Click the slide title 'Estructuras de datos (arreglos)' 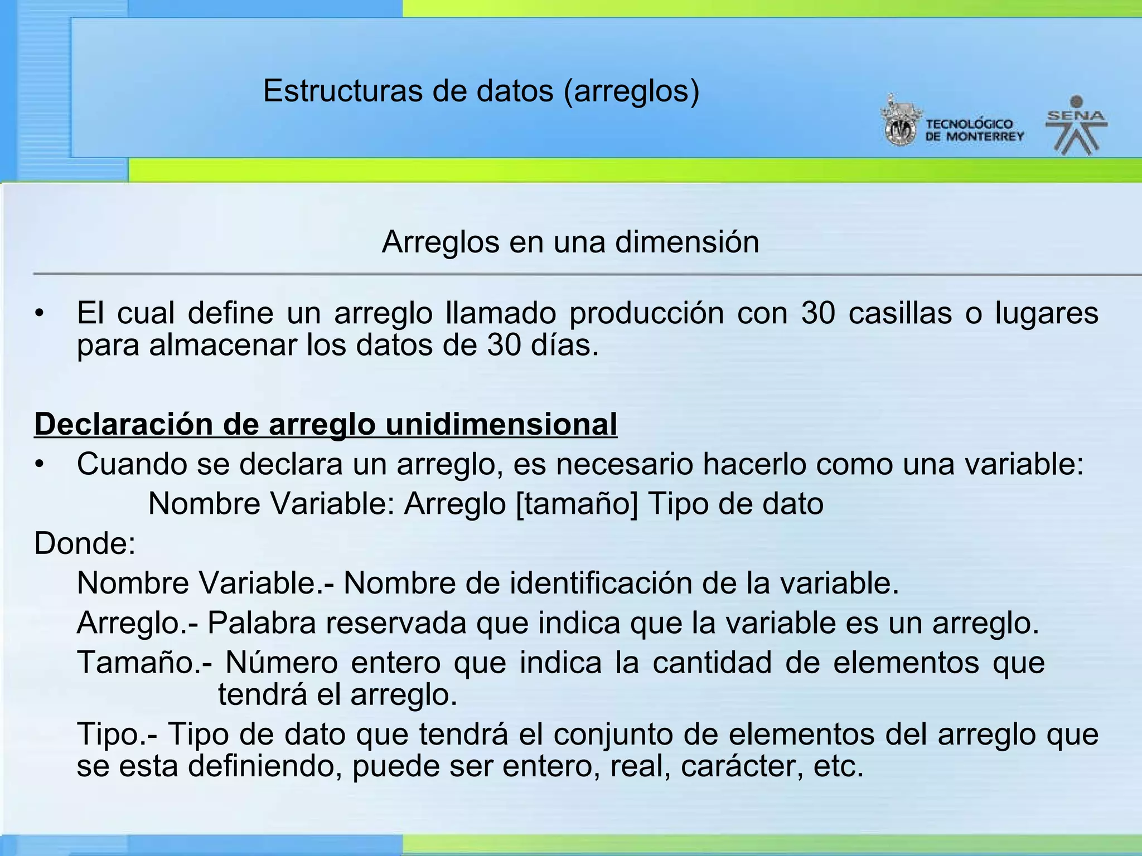coord(481,91)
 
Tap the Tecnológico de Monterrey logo coord(953,124)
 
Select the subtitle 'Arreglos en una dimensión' coord(570,242)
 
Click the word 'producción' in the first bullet coord(646,313)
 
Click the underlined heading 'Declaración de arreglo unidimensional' coord(326,424)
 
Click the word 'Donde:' coord(85,543)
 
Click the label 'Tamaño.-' coord(144,663)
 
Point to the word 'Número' coord(281,663)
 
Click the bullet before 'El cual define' coord(38,314)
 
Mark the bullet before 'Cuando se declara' coord(38,465)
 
